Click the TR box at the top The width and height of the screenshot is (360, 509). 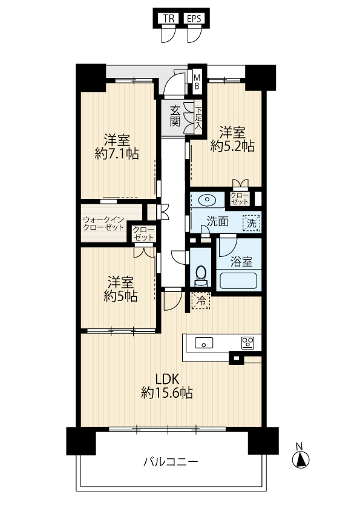pos(169,19)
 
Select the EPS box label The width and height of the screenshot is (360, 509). pos(194,19)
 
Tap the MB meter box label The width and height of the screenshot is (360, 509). pos(197,82)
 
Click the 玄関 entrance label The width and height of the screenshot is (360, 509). pos(174,116)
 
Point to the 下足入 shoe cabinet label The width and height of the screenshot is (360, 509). pos(198,118)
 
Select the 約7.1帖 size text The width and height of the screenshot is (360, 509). pos(117,153)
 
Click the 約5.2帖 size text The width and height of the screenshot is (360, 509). pos(232,146)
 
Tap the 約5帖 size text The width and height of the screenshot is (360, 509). pos(120,296)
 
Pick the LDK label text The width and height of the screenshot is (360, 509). pos(167,378)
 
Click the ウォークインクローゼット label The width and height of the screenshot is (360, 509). pos(103,223)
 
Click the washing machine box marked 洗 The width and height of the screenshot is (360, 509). pos(252,223)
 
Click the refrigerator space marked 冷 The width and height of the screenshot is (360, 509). pos(201,300)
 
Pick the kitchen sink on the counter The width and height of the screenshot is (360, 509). pos(204,343)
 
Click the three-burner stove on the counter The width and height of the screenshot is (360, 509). pos(247,343)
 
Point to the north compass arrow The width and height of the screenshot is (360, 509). pos(301,459)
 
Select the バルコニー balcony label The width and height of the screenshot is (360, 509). pos(171,461)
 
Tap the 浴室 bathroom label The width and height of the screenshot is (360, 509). pos(241,262)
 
